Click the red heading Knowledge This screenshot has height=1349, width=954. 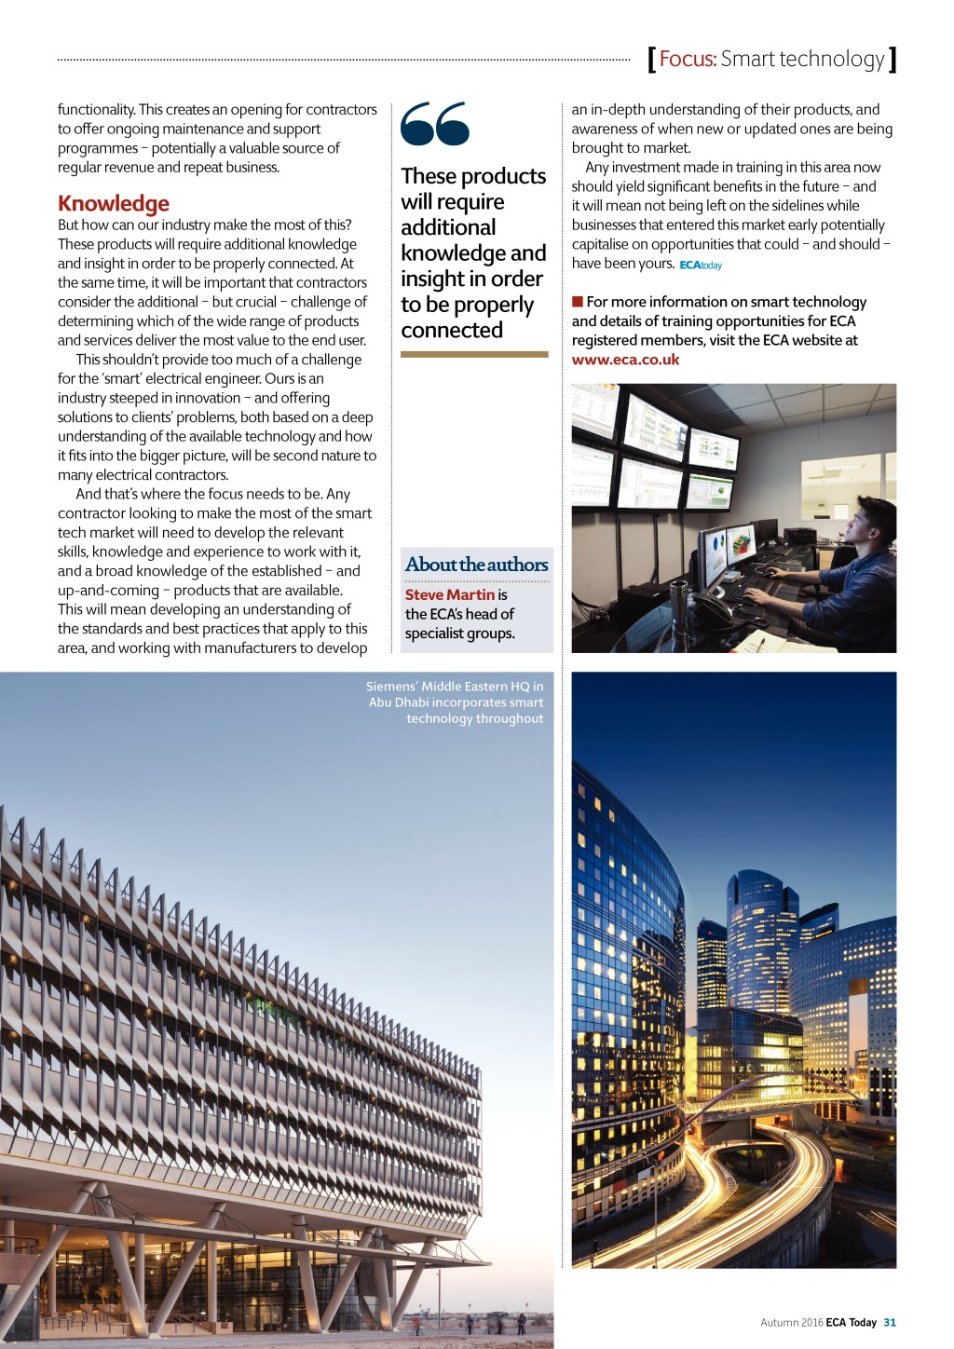pyautogui.click(x=114, y=203)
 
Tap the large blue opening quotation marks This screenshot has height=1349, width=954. pyautogui.click(x=434, y=124)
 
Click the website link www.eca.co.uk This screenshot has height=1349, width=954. pyautogui.click(x=625, y=360)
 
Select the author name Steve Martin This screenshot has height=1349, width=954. pyautogui.click(x=450, y=594)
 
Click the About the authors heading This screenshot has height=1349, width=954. pyautogui.click(x=476, y=565)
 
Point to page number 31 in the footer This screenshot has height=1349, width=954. pyautogui.click(x=890, y=1322)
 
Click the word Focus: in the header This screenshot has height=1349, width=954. pyautogui.click(x=688, y=60)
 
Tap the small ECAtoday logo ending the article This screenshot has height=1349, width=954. pyautogui.click(x=701, y=266)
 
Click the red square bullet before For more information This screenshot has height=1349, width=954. pyautogui.click(x=578, y=302)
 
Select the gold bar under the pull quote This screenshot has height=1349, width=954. pyautogui.click(x=474, y=354)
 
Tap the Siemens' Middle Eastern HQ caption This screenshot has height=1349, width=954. pyautogui.click(x=456, y=702)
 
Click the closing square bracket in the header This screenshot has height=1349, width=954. pyautogui.click(x=893, y=60)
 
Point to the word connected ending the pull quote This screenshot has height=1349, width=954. pyautogui.click(x=452, y=331)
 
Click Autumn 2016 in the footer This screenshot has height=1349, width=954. pyautogui.click(x=791, y=1322)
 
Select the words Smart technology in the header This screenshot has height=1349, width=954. pyautogui.click(x=802, y=60)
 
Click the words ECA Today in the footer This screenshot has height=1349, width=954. pyautogui.click(x=852, y=1322)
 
